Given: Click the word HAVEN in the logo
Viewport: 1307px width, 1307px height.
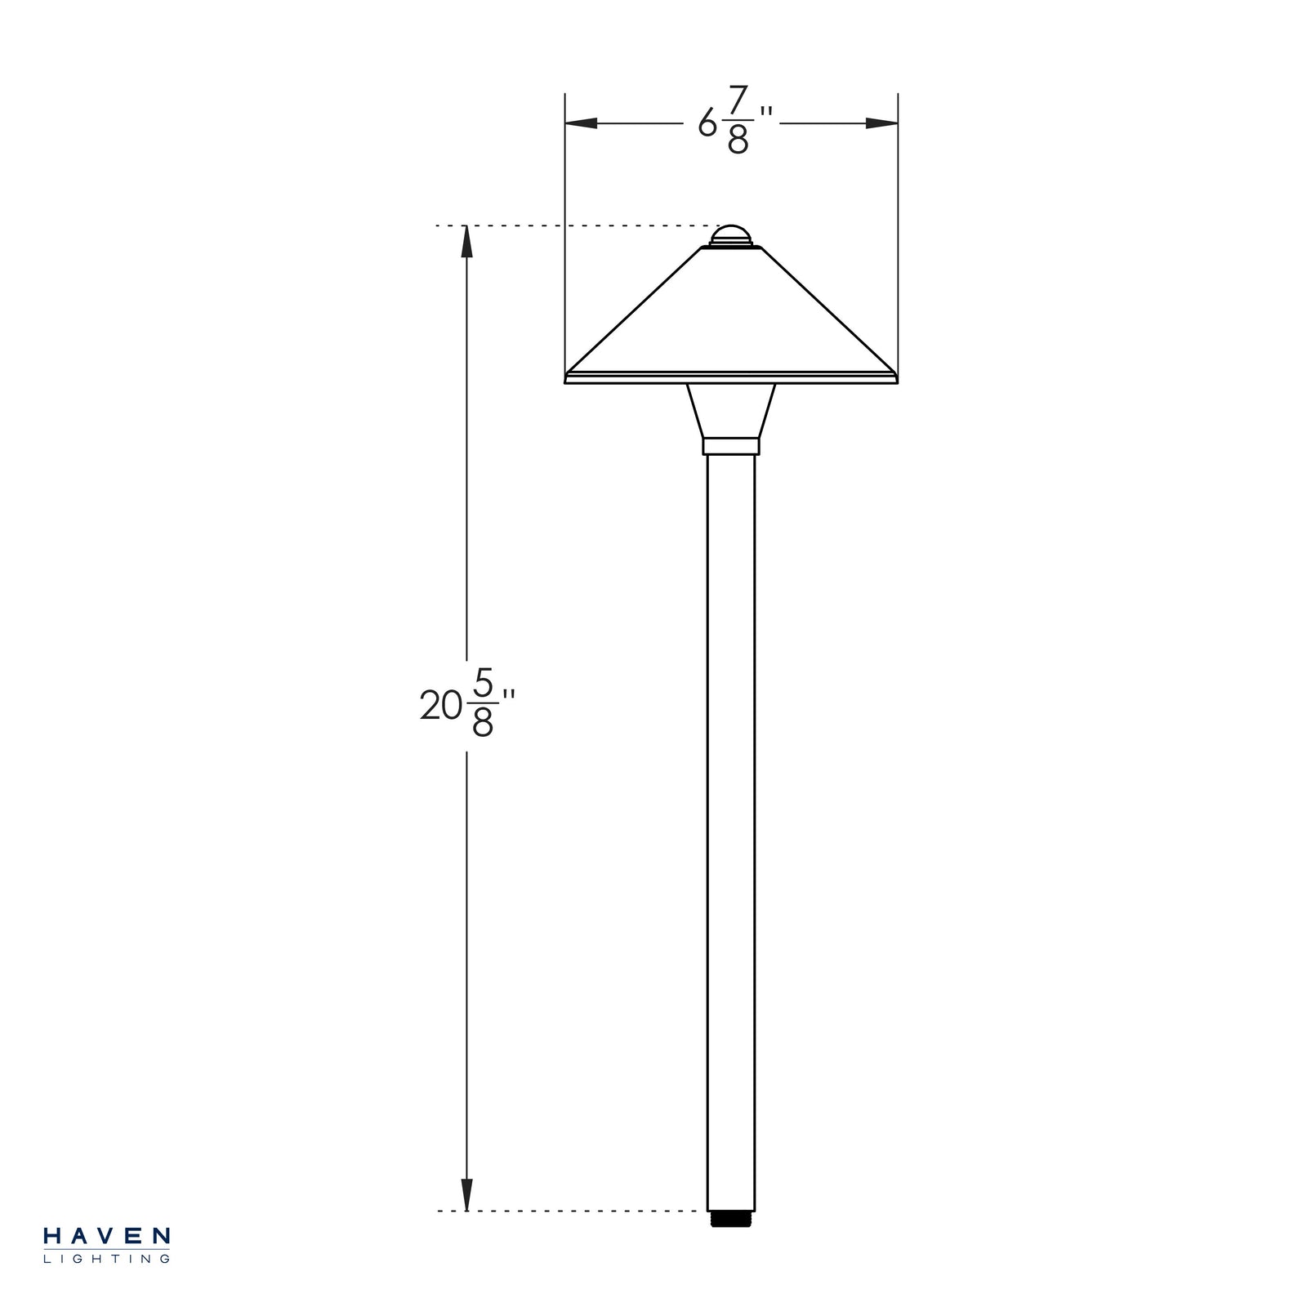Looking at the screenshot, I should point(106,1236).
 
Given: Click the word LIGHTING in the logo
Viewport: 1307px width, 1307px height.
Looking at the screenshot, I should point(106,1259).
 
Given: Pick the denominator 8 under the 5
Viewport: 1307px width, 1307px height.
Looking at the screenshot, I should point(483,723).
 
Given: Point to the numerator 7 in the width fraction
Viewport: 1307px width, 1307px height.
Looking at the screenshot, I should point(738,101).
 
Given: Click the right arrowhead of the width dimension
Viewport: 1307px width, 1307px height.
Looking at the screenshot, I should point(882,123).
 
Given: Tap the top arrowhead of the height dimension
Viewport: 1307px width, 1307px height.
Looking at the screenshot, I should point(466,241).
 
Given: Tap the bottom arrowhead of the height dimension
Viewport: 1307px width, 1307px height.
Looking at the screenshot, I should point(466,1194).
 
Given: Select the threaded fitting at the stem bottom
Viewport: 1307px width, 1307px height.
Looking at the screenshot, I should point(731,1218).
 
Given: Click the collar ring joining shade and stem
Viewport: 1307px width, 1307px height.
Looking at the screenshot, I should point(731,446).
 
